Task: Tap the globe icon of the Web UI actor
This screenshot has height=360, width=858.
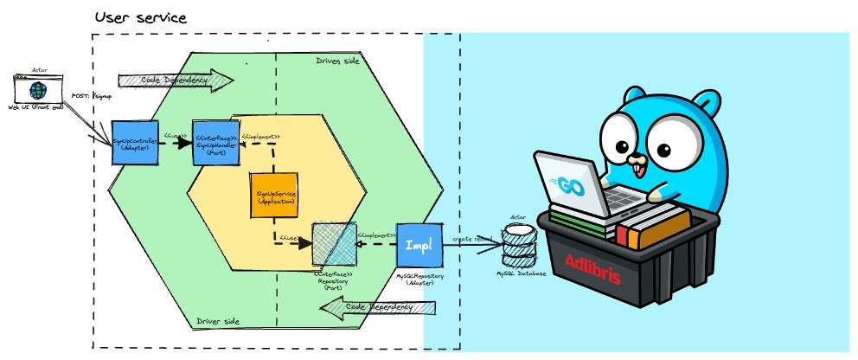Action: (37, 90)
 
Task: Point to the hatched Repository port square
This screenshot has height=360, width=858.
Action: (333, 244)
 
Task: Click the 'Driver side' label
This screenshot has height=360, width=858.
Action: (219, 322)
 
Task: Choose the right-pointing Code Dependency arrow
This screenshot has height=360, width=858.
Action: (176, 80)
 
